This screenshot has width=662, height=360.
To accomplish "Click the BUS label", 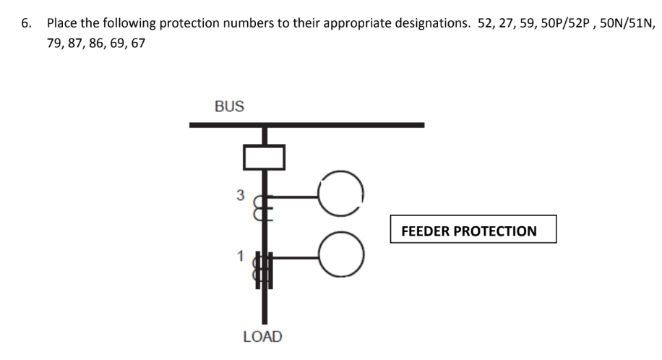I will point(229,106).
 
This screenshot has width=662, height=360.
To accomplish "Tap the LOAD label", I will point(263,337).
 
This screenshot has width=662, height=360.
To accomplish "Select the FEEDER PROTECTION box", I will point(473,230).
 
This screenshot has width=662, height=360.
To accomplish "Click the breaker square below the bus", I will point(264,157).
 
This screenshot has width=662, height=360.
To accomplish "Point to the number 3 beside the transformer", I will point(241,194).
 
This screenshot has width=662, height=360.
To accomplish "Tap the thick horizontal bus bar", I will point(306,125).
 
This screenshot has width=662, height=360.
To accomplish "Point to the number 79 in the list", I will point(54,44).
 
